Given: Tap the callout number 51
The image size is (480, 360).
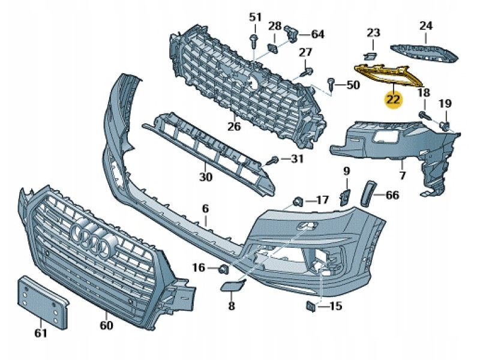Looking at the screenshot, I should (256, 16).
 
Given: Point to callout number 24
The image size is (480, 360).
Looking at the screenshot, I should (425, 26).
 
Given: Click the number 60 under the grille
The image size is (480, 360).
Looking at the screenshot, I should (106, 325).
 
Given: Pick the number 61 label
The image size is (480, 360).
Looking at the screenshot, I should (40, 332).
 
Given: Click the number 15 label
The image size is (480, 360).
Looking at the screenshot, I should (335, 307).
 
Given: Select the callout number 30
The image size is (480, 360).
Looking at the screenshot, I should (206, 177).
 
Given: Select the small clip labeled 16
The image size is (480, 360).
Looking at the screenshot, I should (223, 268).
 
